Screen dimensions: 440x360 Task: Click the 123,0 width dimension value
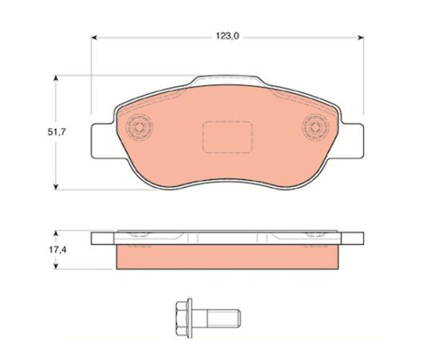[227, 36]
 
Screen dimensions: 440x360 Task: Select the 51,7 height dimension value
[57, 132]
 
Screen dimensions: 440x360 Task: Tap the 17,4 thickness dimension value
[58, 250]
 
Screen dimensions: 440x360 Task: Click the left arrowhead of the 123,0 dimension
[94, 38]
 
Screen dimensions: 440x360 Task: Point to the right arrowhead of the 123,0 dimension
[361, 38]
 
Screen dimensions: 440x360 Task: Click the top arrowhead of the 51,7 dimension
[56, 78]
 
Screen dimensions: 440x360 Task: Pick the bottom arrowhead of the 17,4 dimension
[56, 266]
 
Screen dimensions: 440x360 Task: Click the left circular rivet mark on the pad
[139, 127]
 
